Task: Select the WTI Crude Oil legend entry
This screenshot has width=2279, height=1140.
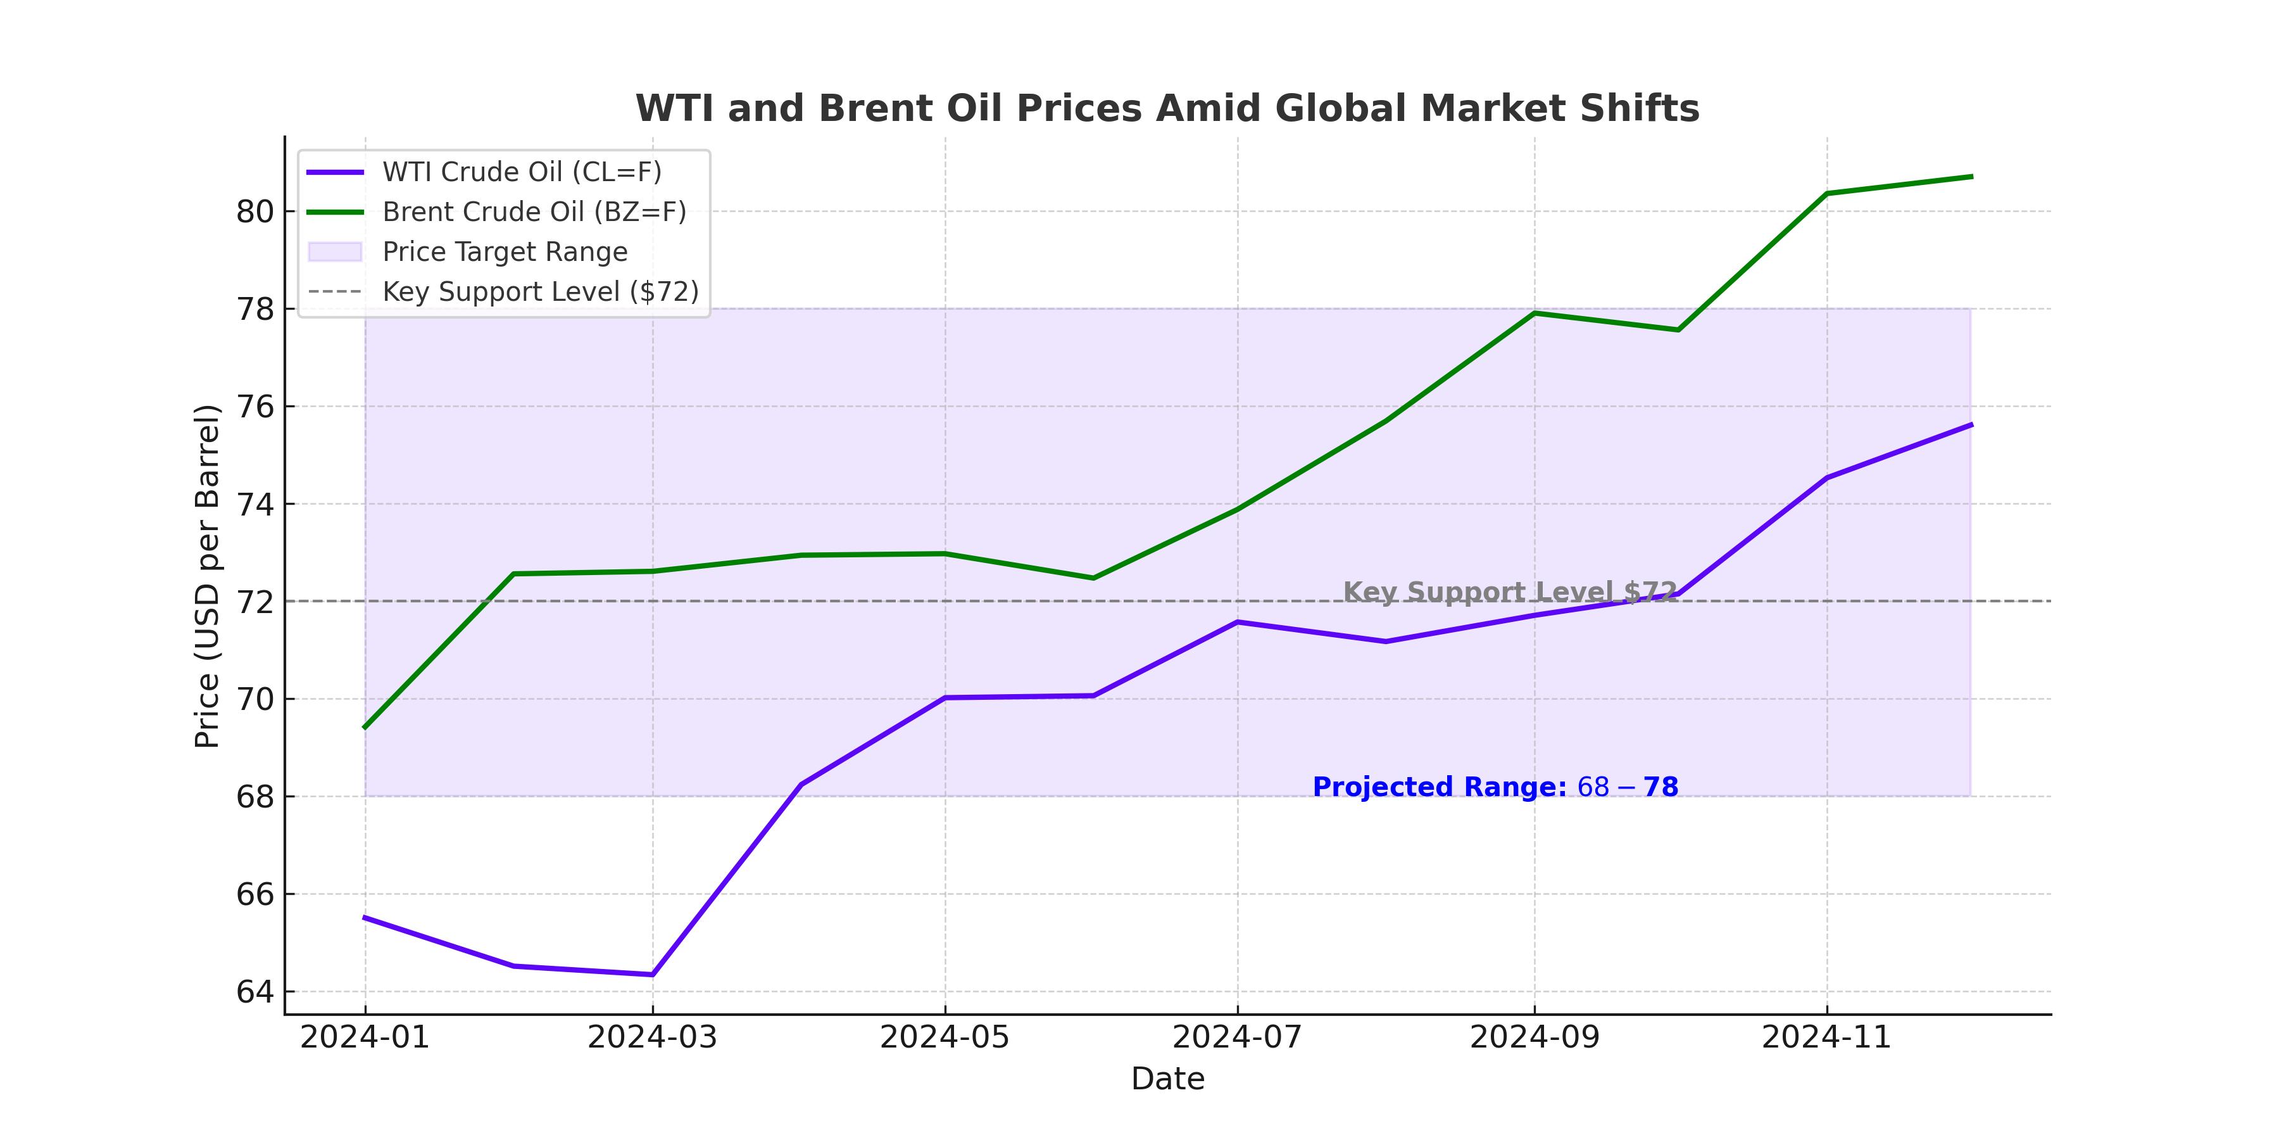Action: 521,172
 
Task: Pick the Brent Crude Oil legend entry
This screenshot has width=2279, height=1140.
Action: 534,212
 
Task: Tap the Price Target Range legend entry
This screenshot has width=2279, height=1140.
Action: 505,252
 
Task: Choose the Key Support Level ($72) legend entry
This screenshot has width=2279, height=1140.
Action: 539,292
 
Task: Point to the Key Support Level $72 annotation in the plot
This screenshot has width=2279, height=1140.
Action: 1509,592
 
